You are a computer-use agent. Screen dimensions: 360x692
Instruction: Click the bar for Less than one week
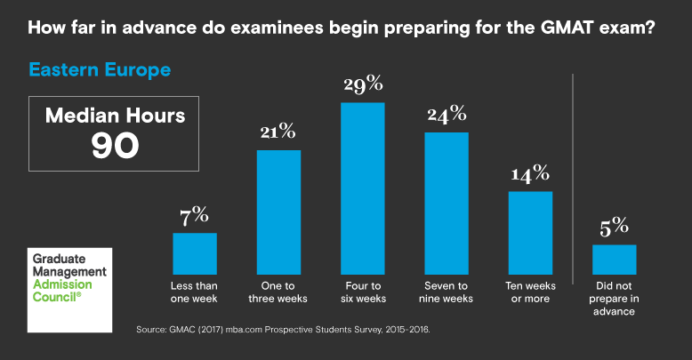click(194, 253)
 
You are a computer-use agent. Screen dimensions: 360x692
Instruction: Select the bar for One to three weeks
click(278, 212)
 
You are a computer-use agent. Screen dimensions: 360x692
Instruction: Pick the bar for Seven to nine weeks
click(446, 203)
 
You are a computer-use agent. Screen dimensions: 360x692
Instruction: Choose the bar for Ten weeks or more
click(530, 232)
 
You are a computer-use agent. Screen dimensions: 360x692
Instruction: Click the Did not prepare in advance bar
click(614, 259)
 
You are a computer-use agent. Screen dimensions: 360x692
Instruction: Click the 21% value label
click(278, 132)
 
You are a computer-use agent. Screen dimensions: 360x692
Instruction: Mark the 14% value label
click(530, 173)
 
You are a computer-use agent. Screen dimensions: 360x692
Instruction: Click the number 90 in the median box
click(116, 146)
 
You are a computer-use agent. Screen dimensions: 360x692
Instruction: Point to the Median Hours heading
click(116, 116)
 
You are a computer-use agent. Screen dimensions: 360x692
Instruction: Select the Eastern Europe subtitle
click(100, 68)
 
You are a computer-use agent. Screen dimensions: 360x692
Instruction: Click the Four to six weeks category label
click(362, 292)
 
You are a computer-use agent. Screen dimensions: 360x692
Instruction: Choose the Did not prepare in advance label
click(614, 299)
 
